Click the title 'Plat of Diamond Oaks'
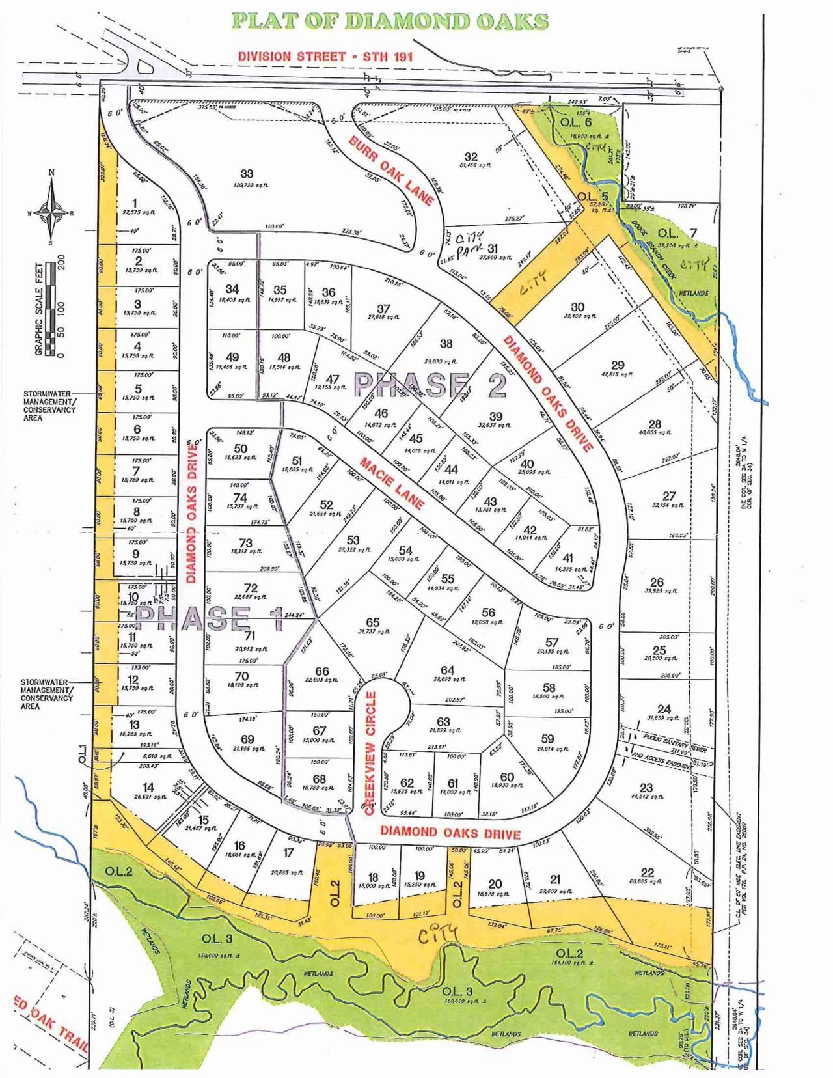click(390, 21)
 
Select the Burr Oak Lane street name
click(390, 171)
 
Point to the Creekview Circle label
click(371, 753)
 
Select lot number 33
click(247, 174)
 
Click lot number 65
click(372, 624)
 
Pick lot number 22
click(647, 873)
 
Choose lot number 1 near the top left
click(135, 202)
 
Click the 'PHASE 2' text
click(430, 385)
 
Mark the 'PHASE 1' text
click(211, 618)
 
